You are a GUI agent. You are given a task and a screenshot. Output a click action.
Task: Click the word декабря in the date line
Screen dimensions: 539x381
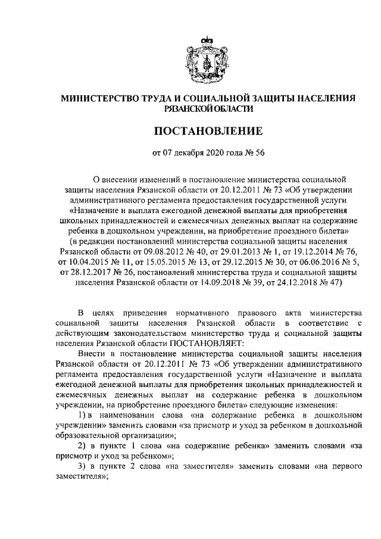click(x=190, y=153)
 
